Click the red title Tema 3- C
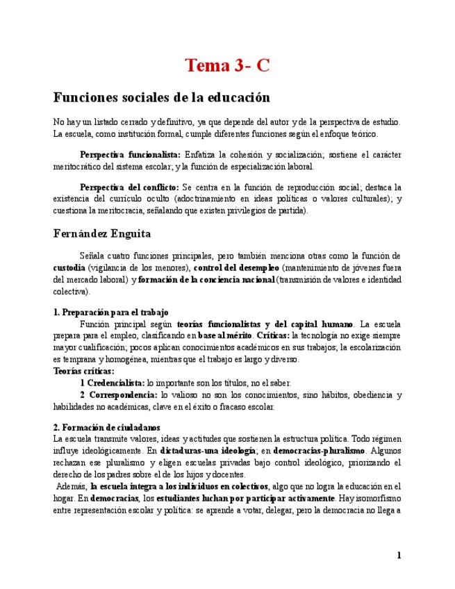[x=227, y=66]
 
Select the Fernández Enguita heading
[x=102, y=234]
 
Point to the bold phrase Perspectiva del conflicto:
[x=129, y=188]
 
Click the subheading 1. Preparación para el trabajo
[x=111, y=313]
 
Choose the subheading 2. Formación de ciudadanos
[x=107, y=428]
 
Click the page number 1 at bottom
[x=399, y=555]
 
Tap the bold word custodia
[x=69, y=268]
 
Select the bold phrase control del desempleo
[x=236, y=268]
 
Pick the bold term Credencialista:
[x=115, y=383]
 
